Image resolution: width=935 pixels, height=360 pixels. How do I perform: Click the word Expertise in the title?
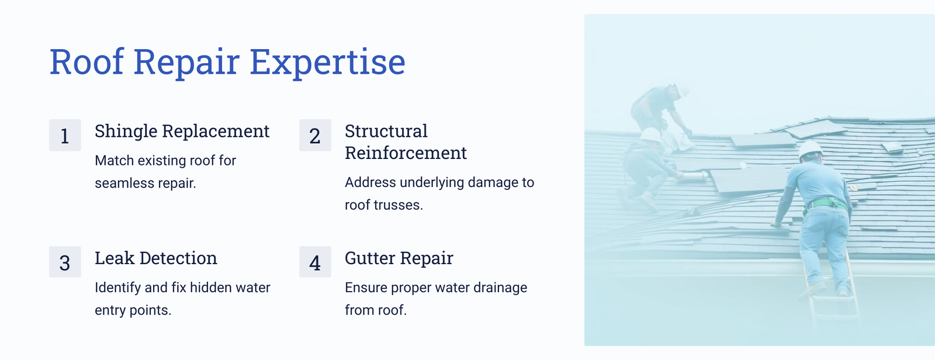tap(327, 63)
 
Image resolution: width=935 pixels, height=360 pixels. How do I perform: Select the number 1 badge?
tap(65, 136)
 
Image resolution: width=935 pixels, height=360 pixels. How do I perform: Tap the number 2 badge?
tap(315, 136)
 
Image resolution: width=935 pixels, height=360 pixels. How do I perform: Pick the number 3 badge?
tap(65, 262)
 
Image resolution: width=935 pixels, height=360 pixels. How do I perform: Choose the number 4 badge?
tap(315, 262)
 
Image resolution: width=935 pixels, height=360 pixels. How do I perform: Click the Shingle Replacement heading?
tap(182, 131)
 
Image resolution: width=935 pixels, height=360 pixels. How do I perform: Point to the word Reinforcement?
tap(406, 153)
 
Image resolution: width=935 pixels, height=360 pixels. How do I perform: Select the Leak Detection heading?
tap(155, 258)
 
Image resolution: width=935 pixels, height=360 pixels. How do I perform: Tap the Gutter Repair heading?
tap(399, 258)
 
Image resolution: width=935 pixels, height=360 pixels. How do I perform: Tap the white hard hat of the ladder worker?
tap(810, 150)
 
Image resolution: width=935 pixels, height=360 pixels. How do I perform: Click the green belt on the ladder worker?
tap(827, 204)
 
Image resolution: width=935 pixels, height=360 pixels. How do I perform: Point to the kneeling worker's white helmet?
tap(650, 135)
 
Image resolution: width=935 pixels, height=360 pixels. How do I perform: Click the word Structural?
tap(386, 131)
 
